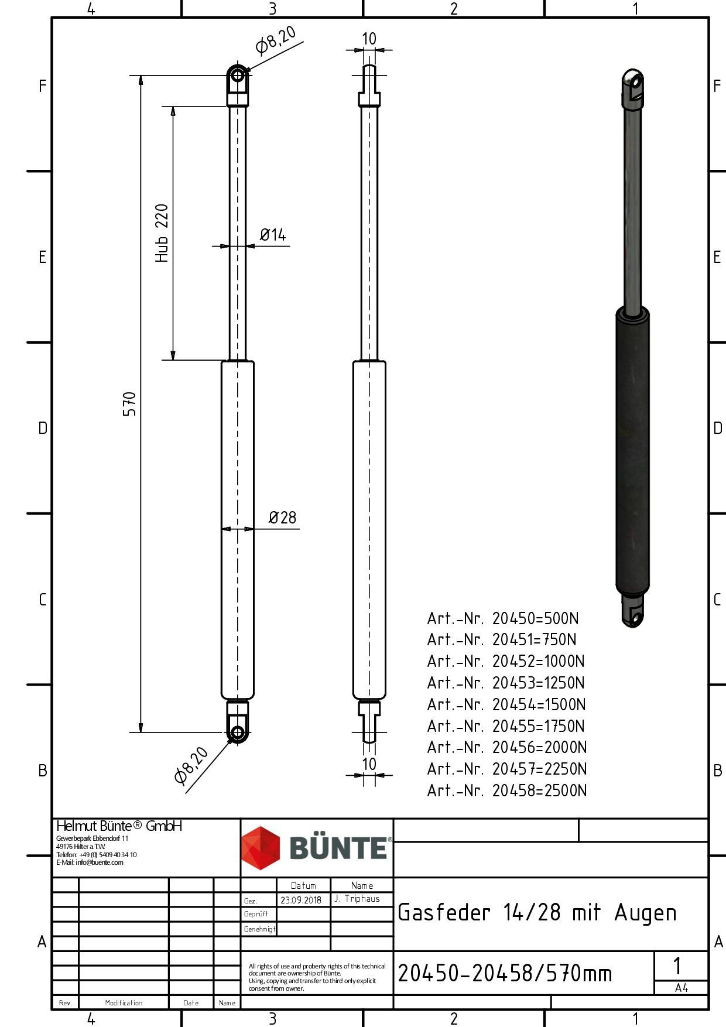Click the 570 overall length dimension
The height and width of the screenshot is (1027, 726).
[129, 404]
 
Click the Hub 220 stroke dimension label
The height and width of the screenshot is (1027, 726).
[162, 233]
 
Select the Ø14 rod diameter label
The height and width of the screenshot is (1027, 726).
[273, 235]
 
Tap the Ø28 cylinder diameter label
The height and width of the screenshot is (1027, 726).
[282, 518]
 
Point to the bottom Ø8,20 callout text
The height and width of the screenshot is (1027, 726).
[191, 765]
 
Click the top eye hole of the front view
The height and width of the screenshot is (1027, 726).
[237, 76]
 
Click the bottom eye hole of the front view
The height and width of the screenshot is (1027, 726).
[237, 732]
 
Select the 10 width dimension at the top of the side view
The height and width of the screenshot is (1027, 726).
[369, 39]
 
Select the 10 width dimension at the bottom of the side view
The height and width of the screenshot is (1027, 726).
[369, 764]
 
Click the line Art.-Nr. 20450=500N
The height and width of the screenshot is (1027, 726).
[503, 618]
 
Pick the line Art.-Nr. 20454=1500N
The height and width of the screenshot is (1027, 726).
[506, 704]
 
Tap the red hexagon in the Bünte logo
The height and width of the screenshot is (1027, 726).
[261, 848]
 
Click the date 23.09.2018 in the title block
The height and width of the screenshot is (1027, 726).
[301, 900]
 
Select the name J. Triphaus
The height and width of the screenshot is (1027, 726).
[357, 899]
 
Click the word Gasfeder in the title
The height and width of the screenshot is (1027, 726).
[444, 913]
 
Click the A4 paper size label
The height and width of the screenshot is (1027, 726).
[681, 988]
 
